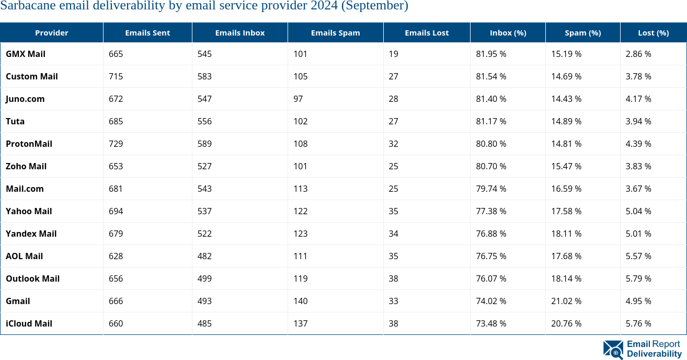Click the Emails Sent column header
coord(147,33)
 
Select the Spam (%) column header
coord(582,33)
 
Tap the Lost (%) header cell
coord(653,33)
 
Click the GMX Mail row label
coord(26,54)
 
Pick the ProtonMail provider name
coord(29,144)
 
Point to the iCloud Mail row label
coord(29,323)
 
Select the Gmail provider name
coord(18,301)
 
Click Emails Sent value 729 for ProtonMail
coord(116,144)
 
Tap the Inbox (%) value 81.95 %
coord(491,54)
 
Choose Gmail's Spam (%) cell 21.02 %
coord(566,301)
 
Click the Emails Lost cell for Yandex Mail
coord(393,234)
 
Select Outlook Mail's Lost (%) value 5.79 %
coord(638,278)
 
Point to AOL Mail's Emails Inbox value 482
coord(204,256)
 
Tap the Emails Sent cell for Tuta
coord(116,121)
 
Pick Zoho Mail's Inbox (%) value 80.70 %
coord(491,166)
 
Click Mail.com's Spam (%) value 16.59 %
coord(566,189)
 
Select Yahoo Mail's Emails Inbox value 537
coord(204,211)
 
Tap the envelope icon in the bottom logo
coord(613,350)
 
